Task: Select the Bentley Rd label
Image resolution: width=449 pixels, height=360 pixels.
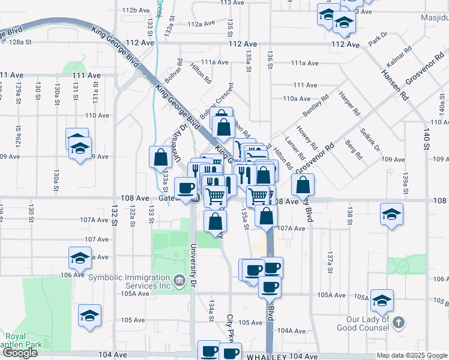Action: [x=316, y=106]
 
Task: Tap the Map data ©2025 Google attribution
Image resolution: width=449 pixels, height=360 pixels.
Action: [x=412, y=356]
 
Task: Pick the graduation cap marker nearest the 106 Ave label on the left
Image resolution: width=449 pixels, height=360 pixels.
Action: [x=79, y=257]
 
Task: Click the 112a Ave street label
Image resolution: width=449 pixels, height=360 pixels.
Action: [x=200, y=24]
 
